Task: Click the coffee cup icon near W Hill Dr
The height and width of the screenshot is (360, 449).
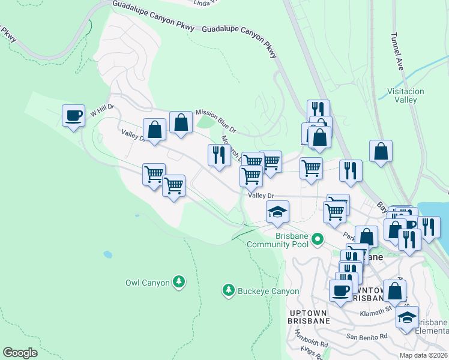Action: [73, 115]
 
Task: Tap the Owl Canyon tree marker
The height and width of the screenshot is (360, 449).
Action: [178, 281]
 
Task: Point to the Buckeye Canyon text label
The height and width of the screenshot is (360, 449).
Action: [268, 292]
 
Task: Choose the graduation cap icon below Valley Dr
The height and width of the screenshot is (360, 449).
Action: [277, 212]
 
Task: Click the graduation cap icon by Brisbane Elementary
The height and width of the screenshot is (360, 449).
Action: [408, 317]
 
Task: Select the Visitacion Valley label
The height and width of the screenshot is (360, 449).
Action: [406, 96]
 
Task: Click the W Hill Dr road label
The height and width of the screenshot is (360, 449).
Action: [102, 111]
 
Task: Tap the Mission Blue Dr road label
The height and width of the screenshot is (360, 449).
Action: [216, 121]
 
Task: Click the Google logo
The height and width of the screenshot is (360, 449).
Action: [20, 353]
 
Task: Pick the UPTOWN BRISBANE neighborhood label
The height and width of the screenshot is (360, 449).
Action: [309, 317]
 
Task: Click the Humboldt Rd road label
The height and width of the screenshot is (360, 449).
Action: [312, 340]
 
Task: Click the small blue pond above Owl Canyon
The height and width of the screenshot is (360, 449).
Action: [107, 254]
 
